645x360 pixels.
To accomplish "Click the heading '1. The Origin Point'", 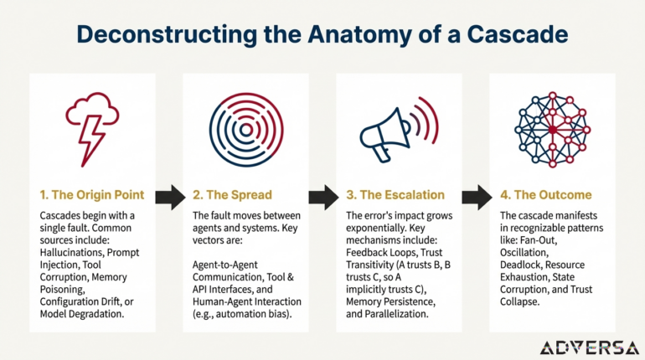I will point(91,195).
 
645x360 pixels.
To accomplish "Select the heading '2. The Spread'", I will point(233,195).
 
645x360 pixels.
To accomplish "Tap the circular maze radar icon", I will point(245,129).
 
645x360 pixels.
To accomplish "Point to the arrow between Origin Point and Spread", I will point(169,198).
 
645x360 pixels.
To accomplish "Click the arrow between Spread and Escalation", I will point(322,198).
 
